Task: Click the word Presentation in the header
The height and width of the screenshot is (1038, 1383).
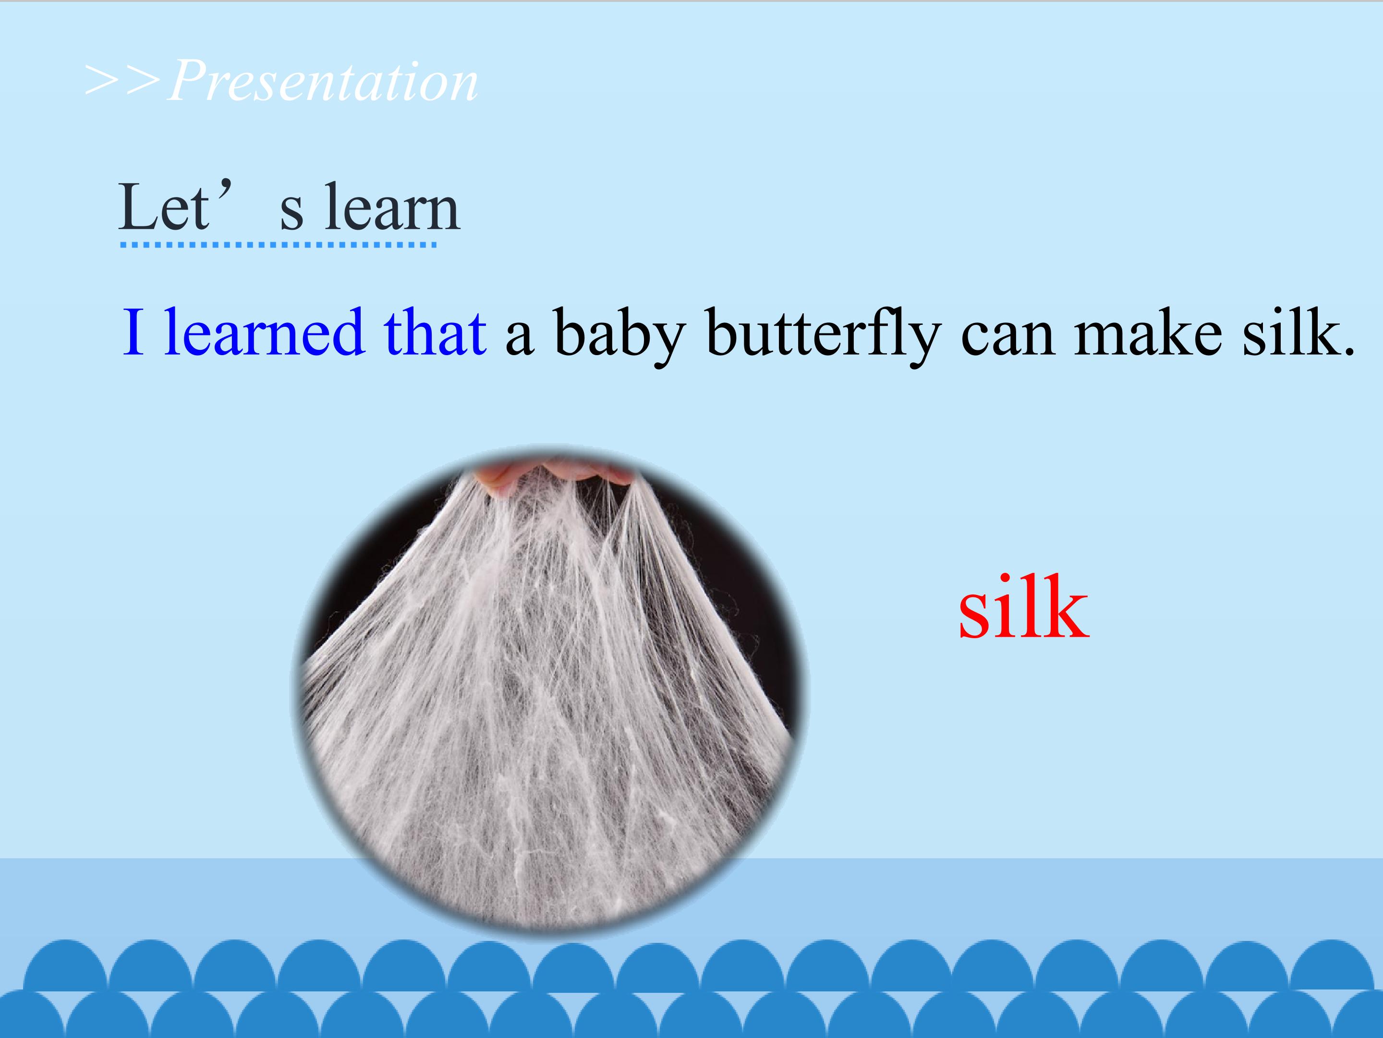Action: point(323,81)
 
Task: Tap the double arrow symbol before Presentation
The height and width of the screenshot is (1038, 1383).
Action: point(123,81)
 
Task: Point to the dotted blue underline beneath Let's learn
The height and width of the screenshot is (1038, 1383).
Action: point(278,245)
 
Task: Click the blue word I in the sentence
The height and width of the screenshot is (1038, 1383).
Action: point(133,333)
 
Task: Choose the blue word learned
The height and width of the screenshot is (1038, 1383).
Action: point(264,333)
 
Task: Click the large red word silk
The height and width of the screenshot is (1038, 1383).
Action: point(1023,609)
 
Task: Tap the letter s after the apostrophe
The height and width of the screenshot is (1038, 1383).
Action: point(291,213)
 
